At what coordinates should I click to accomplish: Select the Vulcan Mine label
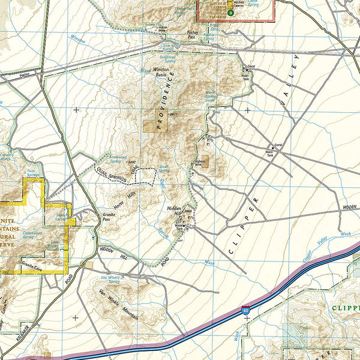pos(164,28)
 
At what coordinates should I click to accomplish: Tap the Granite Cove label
pos(31,262)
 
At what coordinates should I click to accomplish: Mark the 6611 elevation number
pos(174,114)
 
